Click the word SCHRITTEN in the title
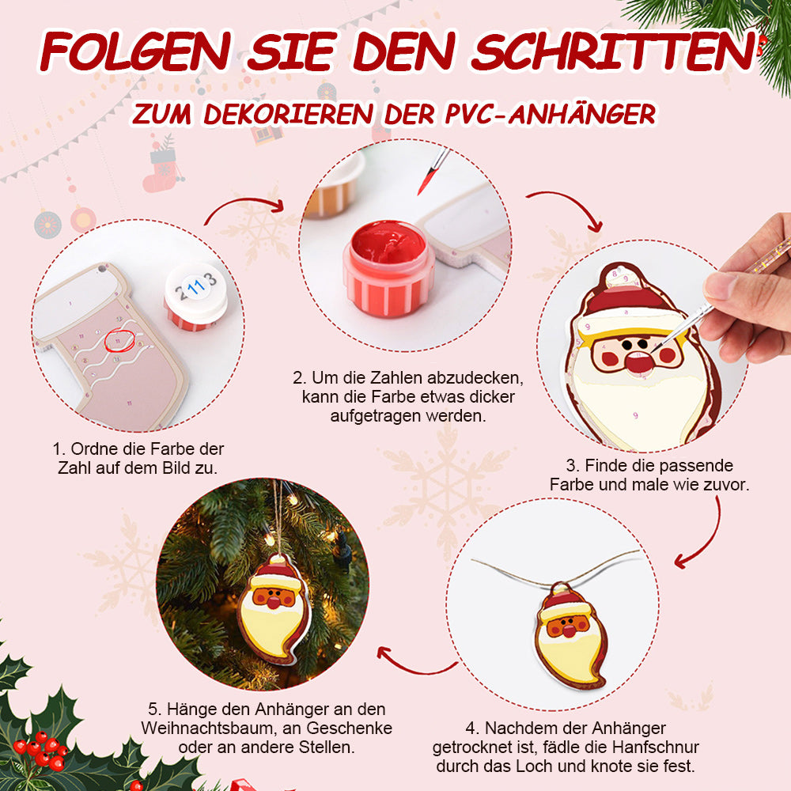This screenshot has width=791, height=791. tap(613, 51)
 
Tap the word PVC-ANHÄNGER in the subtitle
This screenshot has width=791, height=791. tap(551, 113)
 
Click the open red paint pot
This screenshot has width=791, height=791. tap(388, 268)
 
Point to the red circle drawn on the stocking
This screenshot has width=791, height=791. tap(119, 340)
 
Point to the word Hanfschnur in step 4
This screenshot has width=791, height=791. tap(656, 747)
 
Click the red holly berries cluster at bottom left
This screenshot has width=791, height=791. tap(41, 748)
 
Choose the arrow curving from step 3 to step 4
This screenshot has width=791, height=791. tap(712, 537)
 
